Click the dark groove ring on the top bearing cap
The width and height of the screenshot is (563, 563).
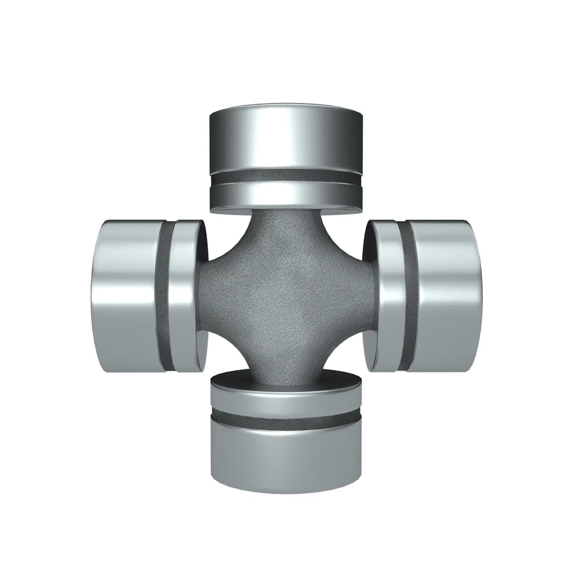pos(286,177)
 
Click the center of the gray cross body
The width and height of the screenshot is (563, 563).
pos(286,296)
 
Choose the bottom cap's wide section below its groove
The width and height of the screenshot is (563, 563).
pos(286,453)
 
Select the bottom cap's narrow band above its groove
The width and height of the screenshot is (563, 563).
pos(286,400)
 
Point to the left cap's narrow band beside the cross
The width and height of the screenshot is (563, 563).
pos(185,296)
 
